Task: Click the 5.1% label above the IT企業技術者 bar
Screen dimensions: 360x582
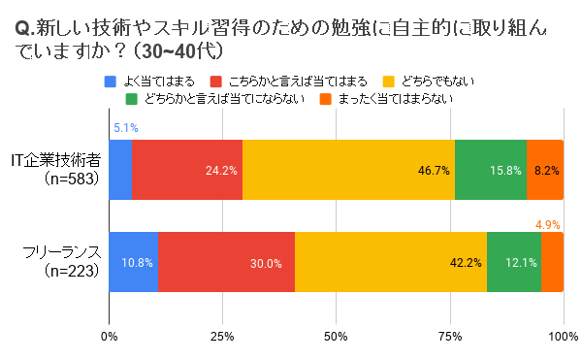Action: pyautogui.click(x=125, y=127)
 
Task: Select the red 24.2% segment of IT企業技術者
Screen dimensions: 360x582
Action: pyautogui.click(x=187, y=169)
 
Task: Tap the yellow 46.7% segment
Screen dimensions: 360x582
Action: pyautogui.click(x=348, y=169)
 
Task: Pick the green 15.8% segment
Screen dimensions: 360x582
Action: pyautogui.click(x=491, y=169)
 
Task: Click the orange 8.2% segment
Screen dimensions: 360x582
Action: pyautogui.click(x=545, y=169)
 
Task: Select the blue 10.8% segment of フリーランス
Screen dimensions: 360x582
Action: pyautogui.click(x=134, y=262)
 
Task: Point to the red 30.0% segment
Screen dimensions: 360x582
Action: pyautogui.click(x=226, y=262)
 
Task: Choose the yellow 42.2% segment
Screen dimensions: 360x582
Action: pyautogui.click(x=391, y=262)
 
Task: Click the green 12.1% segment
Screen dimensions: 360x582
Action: pyautogui.click(x=514, y=262)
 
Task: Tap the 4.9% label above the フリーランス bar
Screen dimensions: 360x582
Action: pyautogui.click(x=549, y=225)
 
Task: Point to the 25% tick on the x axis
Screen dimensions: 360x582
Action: pyautogui.click(x=223, y=336)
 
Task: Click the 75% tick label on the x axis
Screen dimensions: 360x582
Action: pyautogui.click(x=450, y=336)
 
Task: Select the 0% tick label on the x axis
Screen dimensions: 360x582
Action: pyautogui.click(x=110, y=336)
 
